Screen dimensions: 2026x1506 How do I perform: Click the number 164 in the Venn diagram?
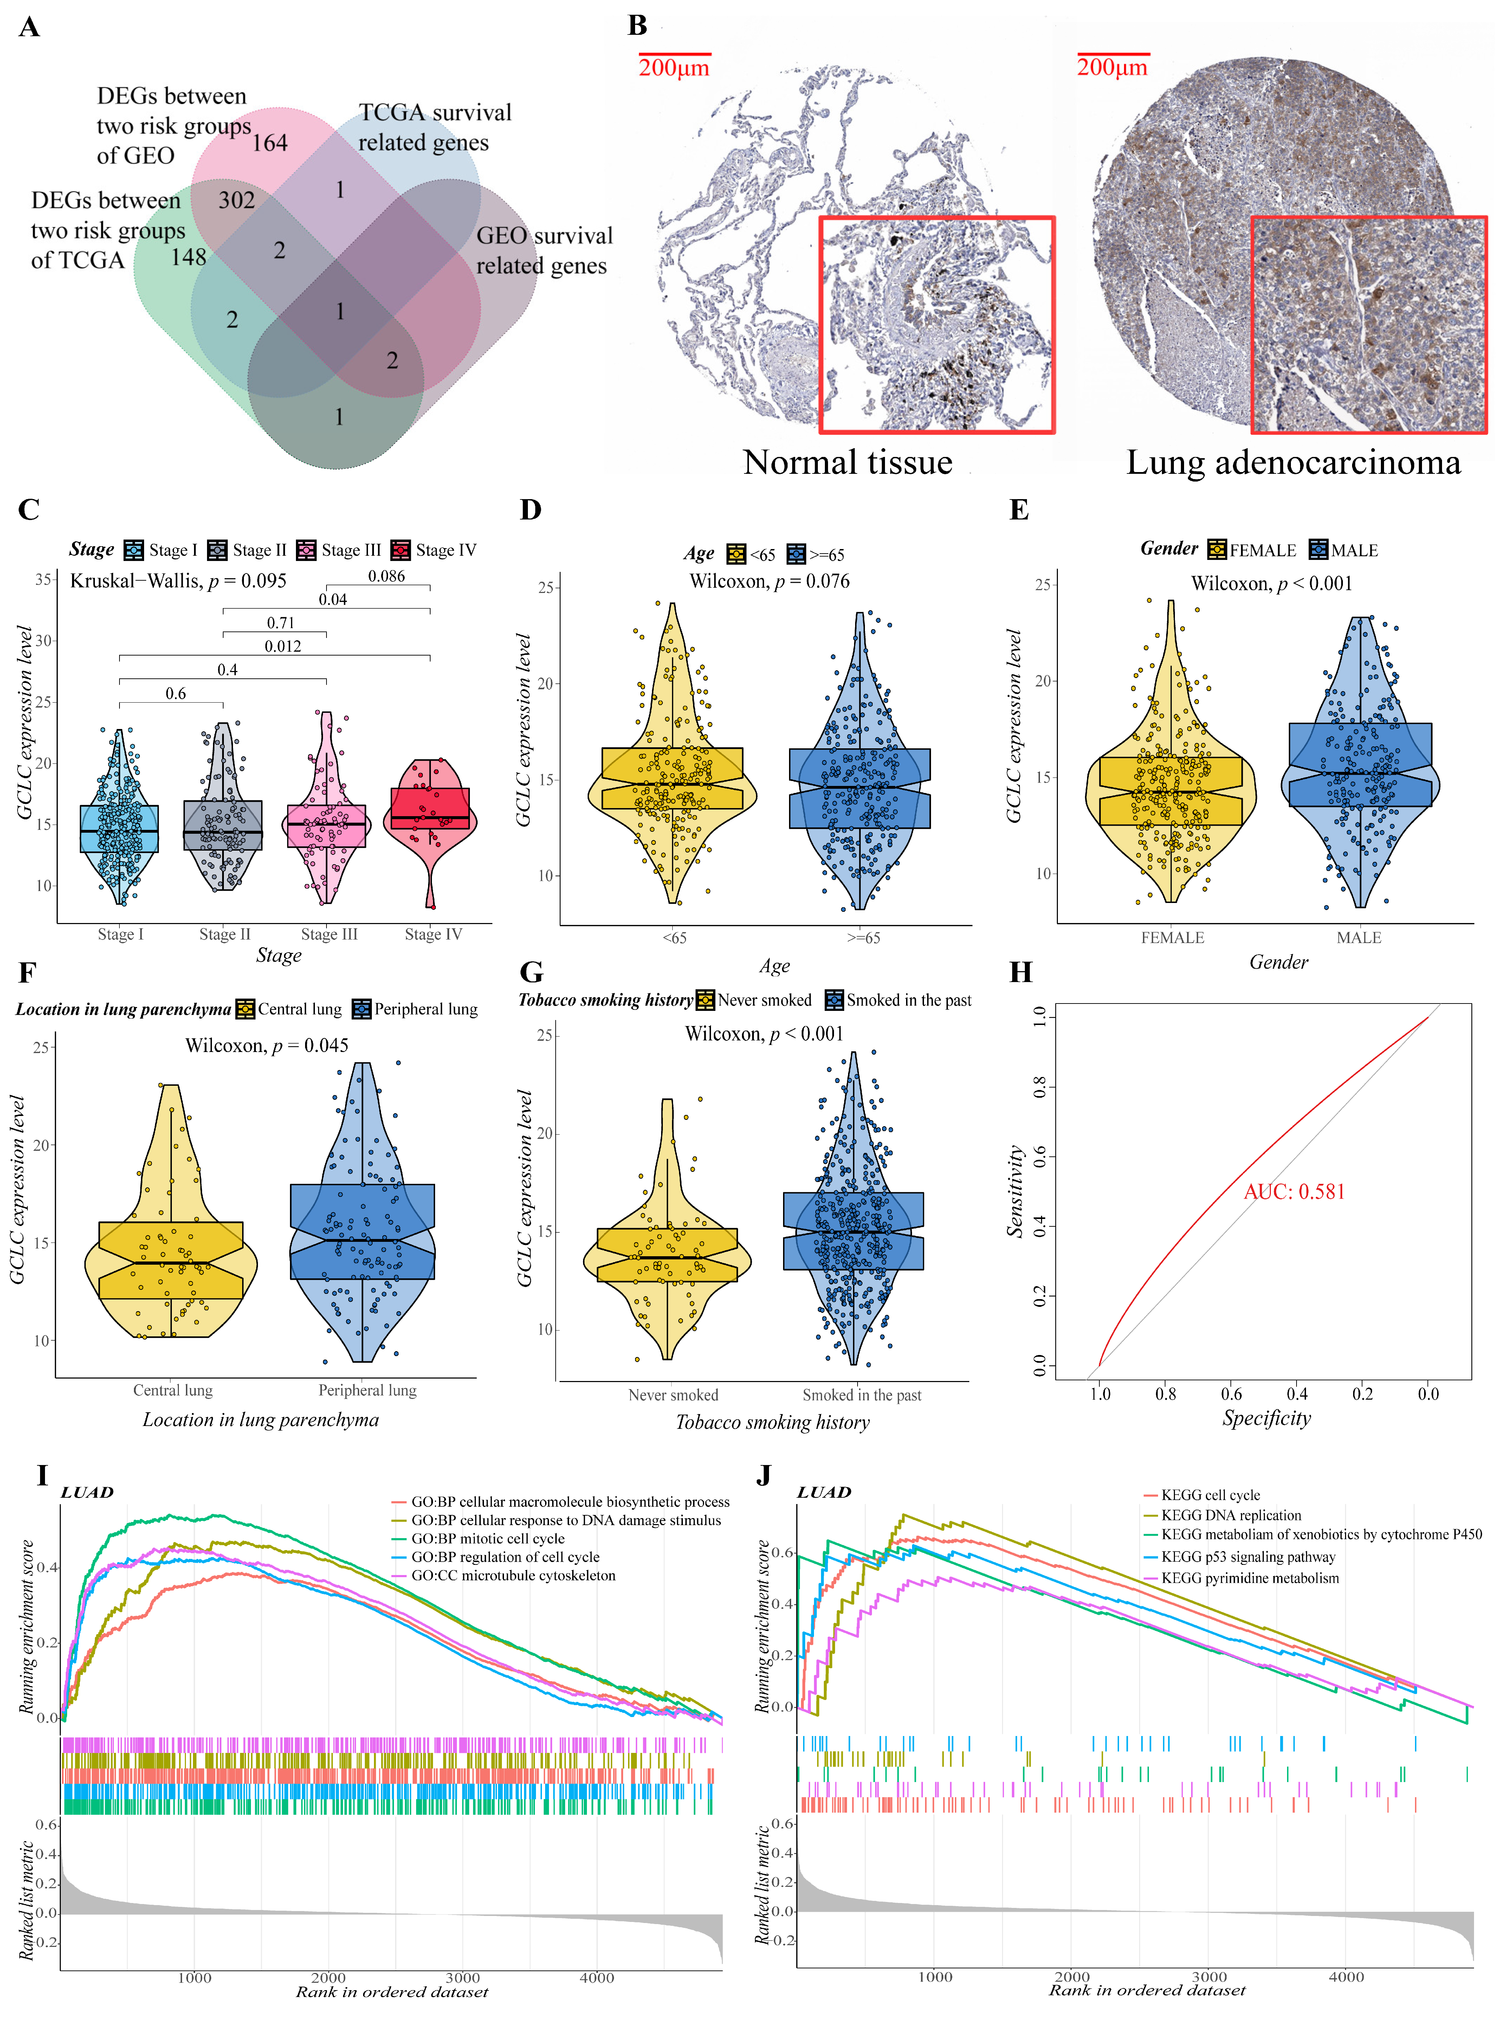click(270, 143)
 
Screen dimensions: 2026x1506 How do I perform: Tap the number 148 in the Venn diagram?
click(189, 257)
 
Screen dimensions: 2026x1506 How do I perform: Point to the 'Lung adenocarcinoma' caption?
click(1293, 462)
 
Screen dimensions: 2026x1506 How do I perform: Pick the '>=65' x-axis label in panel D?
click(862, 937)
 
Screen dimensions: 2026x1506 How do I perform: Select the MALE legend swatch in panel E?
click(1318, 550)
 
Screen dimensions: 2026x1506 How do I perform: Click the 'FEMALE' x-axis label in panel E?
click(1172, 937)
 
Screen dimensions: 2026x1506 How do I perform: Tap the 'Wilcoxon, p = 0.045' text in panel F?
click(266, 1045)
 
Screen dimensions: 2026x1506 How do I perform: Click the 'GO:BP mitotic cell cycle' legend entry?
click(488, 1538)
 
